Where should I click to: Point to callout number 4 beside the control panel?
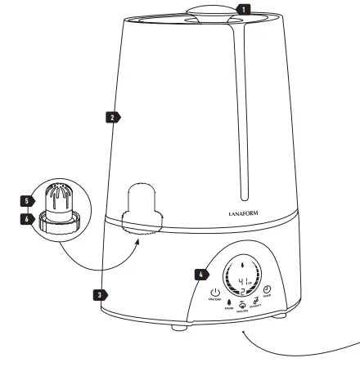click(199, 275)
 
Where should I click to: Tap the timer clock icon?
click(267, 292)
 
